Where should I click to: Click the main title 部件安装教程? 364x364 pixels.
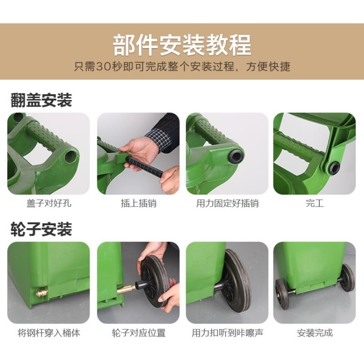click(x=182, y=45)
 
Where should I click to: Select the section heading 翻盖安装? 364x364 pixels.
click(x=41, y=100)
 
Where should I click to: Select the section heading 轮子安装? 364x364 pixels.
click(x=41, y=229)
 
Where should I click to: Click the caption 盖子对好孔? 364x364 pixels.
click(x=49, y=203)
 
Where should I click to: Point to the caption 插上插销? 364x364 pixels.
click(x=139, y=203)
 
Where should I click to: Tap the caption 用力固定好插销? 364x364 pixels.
click(x=227, y=203)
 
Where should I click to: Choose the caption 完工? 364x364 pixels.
click(x=314, y=203)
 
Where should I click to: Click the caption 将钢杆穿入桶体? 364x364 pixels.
click(x=49, y=333)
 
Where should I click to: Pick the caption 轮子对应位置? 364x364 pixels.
click(x=139, y=333)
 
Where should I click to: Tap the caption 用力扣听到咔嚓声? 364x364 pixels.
click(x=227, y=333)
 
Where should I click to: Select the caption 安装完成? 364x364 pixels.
click(x=314, y=333)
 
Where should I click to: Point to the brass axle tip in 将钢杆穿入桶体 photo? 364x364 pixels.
click(x=42, y=293)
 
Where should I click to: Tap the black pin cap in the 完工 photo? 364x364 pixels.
click(x=334, y=167)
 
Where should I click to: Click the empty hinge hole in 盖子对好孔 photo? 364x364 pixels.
click(x=71, y=157)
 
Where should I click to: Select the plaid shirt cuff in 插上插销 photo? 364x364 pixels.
click(x=158, y=139)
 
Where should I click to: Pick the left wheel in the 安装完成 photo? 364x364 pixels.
click(x=282, y=294)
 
